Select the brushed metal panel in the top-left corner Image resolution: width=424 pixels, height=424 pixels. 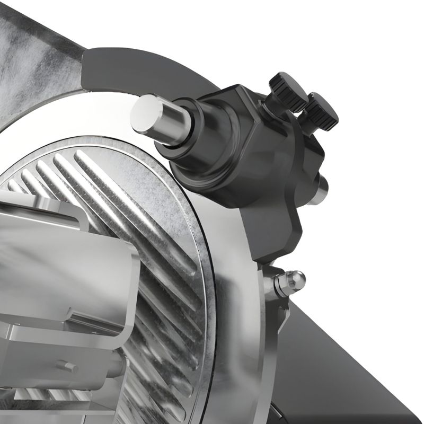(32, 58)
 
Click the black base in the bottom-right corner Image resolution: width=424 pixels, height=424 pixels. (339, 371)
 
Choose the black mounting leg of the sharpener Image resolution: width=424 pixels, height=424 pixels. (276, 233)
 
